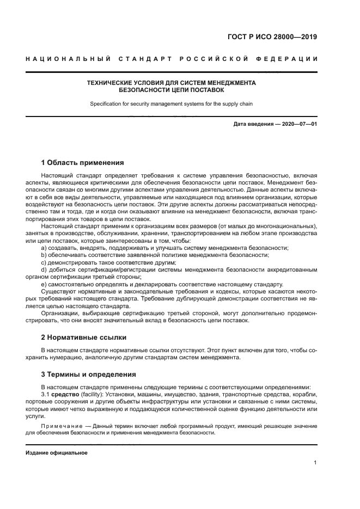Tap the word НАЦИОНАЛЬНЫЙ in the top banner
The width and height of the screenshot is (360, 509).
pos(68,58)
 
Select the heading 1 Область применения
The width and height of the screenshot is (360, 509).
pos(82,162)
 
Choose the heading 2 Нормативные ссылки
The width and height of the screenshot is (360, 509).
pos(84,338)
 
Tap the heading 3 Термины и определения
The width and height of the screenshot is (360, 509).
pos(89,375)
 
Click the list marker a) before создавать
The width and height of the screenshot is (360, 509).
pos(45,248)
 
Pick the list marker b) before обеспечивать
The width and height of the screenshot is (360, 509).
pos(45,255)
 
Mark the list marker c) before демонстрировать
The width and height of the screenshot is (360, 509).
pos(45,262)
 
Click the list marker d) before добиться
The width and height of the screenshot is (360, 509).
pos(45,269)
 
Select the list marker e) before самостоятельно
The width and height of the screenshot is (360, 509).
pos(45,284)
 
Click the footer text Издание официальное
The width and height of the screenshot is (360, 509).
pos(57,452)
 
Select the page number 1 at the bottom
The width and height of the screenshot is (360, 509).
pos(315,462)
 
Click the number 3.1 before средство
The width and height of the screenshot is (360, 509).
pos(46,394)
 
